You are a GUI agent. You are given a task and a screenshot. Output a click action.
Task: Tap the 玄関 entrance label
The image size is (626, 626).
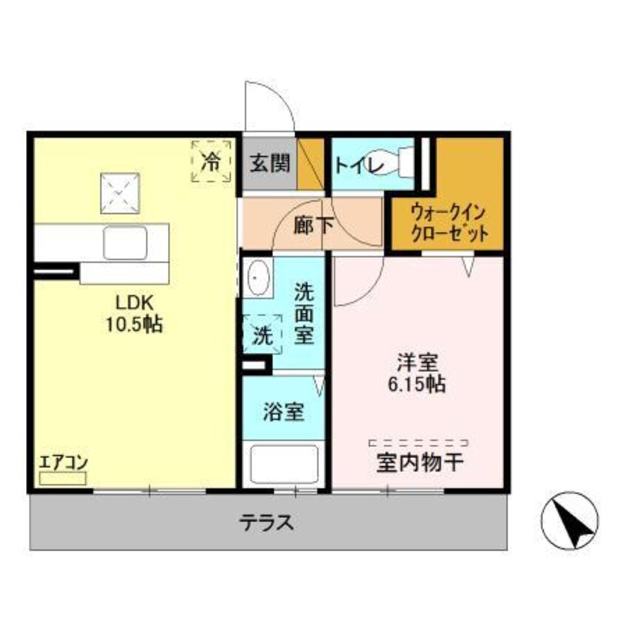click(x=269, y=164)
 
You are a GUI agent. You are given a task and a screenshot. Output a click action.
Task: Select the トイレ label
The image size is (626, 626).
click(x=358, y=164)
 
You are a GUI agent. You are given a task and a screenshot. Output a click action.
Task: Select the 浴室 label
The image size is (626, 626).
click(x=284, y=411)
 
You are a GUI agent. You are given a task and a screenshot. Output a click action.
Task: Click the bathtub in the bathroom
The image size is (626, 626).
click(x=283, y=463)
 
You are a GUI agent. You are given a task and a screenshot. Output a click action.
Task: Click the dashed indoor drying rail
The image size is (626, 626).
click(x=418, y=442)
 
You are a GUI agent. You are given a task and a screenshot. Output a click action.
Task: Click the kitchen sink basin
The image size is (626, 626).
click(x=124, y=243)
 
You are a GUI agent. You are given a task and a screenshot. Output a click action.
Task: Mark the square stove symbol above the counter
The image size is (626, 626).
click(x=119, y=192)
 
